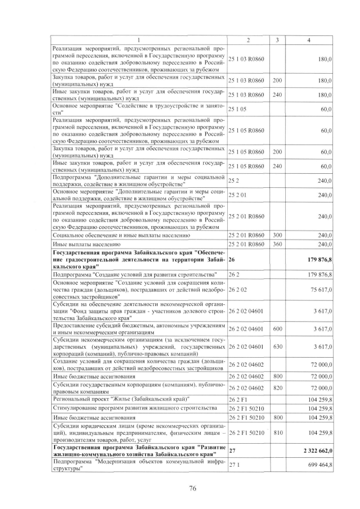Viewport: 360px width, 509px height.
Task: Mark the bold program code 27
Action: [x=232, y=451]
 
